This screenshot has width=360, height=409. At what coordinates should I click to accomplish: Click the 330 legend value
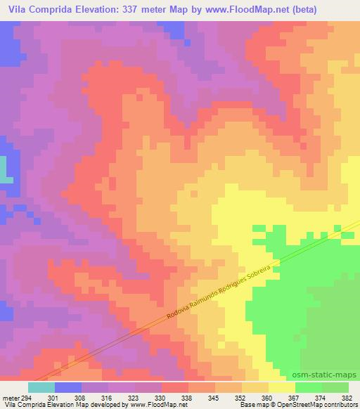164,397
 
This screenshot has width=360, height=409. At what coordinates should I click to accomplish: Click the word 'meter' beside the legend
10,397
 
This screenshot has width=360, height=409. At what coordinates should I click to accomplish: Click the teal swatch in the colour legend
41,387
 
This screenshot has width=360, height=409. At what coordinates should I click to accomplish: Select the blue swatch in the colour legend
68,387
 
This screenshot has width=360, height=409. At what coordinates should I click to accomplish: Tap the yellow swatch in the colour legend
282,387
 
